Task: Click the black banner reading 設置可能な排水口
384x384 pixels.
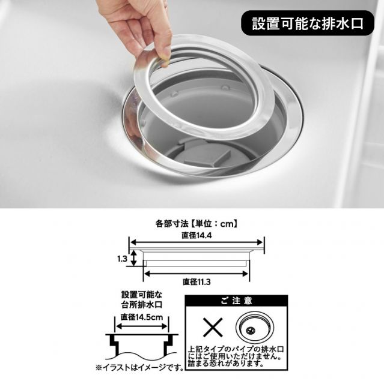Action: [308, 23]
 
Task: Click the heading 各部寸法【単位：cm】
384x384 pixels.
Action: [197, 224]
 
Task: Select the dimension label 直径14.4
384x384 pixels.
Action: [197, 235]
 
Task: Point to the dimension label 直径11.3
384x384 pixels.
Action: [197, 282]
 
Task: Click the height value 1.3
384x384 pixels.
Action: [122, 259]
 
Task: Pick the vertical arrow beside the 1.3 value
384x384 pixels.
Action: [133, 258]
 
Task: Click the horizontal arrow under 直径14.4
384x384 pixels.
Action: [197, 242]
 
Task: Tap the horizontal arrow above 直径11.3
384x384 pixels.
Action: [196, 274]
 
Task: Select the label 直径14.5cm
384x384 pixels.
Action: [142, 317]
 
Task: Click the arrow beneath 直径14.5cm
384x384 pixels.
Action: [142, 326]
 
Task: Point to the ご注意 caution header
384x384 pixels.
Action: [236, 301]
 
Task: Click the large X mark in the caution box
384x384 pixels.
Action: [213, 327]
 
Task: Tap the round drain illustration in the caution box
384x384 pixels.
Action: [255, 328]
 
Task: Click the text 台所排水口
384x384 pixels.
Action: [142, 305]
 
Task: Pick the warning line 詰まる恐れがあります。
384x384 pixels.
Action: [226, 364]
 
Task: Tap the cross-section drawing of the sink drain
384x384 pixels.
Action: [142, 346]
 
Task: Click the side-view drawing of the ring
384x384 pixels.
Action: [197, 257]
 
